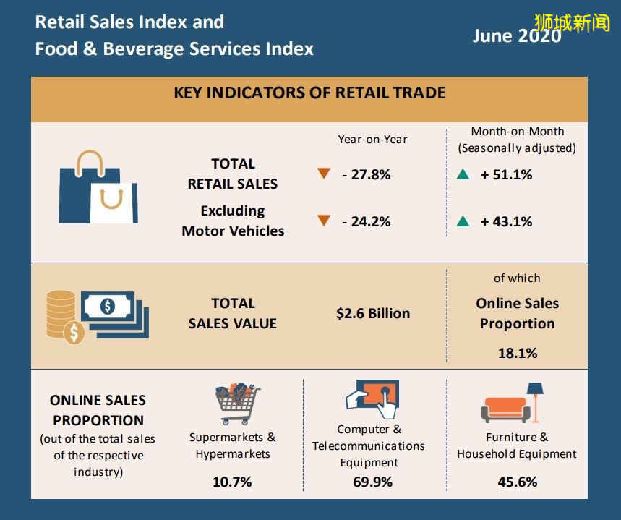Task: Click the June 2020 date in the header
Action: pyautogui.click(x=516, y=35)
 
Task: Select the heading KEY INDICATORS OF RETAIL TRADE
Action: pyautogui.click(x=309, y=93)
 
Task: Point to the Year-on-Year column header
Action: pyautogui.click(x=372, y=139)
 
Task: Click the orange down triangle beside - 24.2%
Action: pyautogui.click(x=324, y=221)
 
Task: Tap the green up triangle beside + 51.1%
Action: pyautogui.click(x=463, y=174)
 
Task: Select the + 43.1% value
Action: pyautogui.click(x=506, y=221)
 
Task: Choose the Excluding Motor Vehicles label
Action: pyautogui.click(x=233, y=221)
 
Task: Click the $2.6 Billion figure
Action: pyautogui.click(x=373, y=313)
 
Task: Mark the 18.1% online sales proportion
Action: pyautogui.click(x=517, y=353)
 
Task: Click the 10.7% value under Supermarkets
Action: pyautogui.click(x=232, y=481)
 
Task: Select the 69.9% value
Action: pyautogui.click(x=373, y=481)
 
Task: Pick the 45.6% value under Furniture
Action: pyautogui.click(x=517, y=481)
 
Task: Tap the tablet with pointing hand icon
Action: pyautogui.click(x=372, y=397)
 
